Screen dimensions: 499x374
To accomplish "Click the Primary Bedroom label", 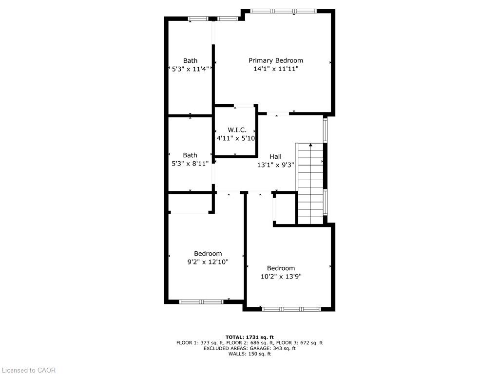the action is (276, 60).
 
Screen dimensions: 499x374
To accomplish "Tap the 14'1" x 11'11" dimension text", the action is (276, 69).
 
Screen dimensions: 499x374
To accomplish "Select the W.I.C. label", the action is (237, 130).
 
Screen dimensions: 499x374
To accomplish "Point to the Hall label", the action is (276, 156).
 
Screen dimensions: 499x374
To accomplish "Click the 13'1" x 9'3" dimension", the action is (276, 165).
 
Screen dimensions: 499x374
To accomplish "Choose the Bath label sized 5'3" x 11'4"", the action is (191, 60).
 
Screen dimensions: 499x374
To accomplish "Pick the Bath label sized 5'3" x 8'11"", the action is (190, 155).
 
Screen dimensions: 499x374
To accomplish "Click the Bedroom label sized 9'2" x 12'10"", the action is (208, 253).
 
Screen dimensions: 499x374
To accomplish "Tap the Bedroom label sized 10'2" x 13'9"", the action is (281, 268).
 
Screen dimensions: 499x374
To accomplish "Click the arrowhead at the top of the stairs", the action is (310, 145).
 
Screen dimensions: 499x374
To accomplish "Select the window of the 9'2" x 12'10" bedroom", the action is (201, 301).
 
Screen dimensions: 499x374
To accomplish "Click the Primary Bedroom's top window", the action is (283, 11).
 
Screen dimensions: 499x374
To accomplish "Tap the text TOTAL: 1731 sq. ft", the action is (249, 337).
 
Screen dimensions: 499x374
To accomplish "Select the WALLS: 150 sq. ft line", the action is (249, 354).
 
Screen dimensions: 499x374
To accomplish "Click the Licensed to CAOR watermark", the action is (29, 370).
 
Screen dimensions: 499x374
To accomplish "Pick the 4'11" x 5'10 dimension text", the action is (236, 138).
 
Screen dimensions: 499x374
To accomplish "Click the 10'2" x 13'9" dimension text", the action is (281, 277).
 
